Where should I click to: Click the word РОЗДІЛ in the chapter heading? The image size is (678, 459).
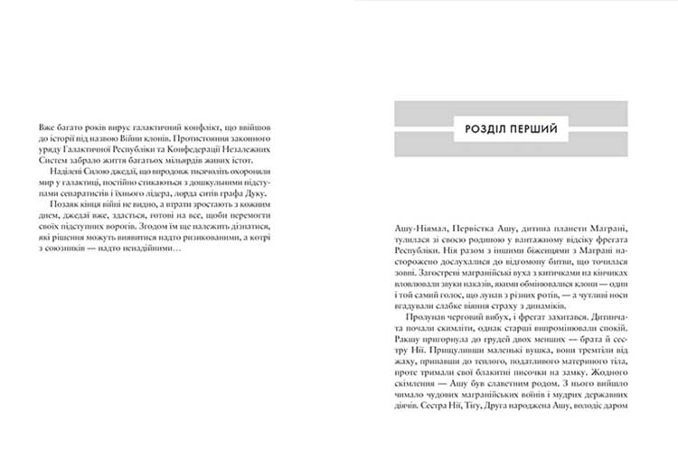click(476, 127)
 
